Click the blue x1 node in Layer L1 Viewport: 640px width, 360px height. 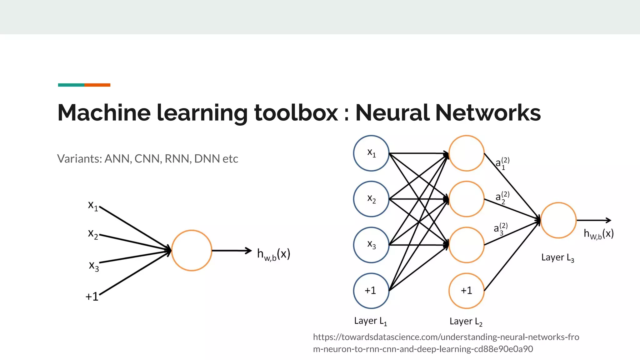pos(371,153)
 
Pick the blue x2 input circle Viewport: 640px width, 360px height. pos(371,199)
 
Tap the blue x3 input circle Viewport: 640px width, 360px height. pos(371,245)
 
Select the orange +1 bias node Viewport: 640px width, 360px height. pos(467,291)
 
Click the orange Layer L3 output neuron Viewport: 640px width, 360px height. pos(558,220)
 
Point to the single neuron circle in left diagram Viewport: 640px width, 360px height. pos(192,250)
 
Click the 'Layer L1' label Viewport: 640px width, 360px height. pos(370,321)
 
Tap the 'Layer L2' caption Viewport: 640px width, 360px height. pos(466,322)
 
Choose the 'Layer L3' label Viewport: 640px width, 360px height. pos(557,258)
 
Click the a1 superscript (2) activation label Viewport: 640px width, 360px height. pos(502,163)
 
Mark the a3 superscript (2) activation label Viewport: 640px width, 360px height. pos(500,229)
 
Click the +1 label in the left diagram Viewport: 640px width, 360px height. pos(92,297)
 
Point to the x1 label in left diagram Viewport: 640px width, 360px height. pos(93,206)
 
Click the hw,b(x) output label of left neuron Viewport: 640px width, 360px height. pos(273,254)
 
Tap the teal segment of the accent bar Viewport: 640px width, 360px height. pos(71,85)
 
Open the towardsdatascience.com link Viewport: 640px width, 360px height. pos(446,343)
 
